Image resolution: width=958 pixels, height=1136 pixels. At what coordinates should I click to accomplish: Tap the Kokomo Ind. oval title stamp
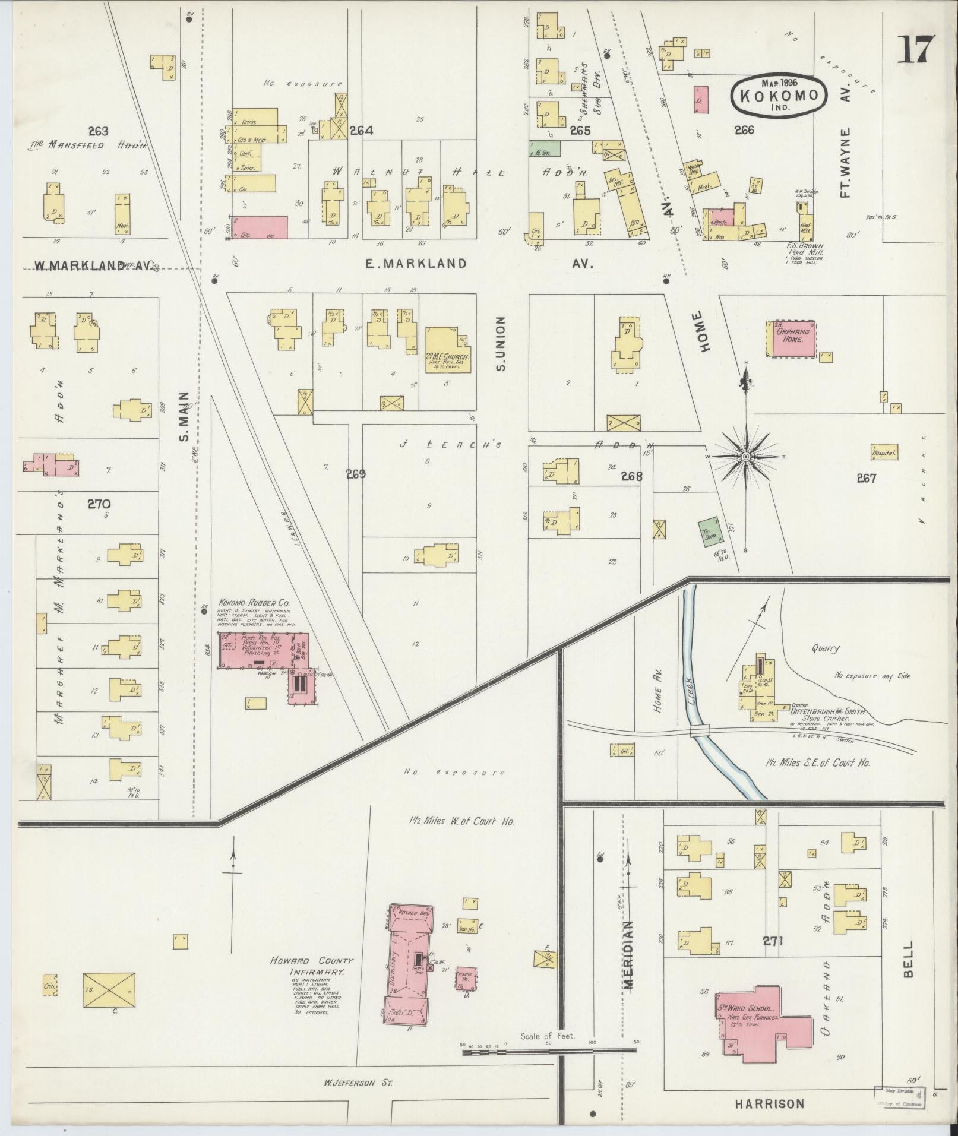(779, 95)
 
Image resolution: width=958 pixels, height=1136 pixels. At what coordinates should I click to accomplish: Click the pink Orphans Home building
(793, 339)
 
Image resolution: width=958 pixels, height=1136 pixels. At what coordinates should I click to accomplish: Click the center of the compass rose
(745, 455)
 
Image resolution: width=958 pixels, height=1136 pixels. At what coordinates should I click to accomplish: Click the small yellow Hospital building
(884, 452)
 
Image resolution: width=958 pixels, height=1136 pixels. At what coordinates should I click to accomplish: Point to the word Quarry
(826, 648)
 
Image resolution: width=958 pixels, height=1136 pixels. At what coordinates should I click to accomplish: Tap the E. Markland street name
(416, 263)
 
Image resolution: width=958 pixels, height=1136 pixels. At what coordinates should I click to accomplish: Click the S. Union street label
(500, 344)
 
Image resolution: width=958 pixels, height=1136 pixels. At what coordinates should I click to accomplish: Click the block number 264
(361, 131)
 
